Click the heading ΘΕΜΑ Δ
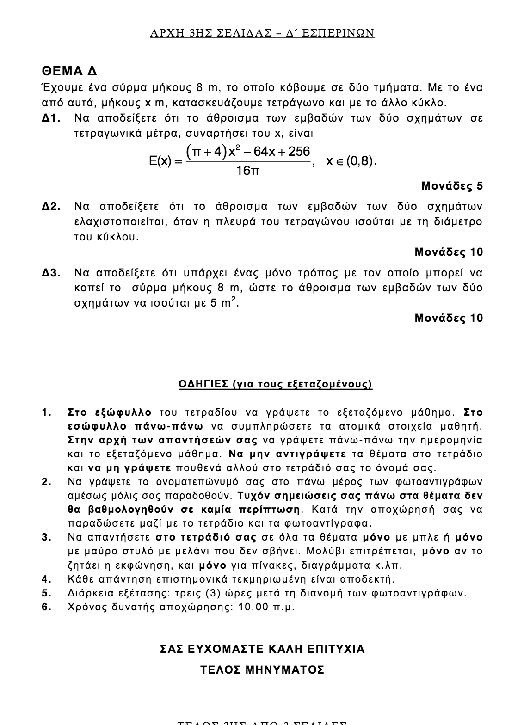point(69,71)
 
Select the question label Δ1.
point(52,119)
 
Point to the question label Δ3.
point(52,273)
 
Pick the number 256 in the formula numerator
point(299,152)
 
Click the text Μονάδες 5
point(452,186)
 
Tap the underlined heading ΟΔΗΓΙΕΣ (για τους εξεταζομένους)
point(275,384)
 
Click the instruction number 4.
point(46,579)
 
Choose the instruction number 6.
point(46,607)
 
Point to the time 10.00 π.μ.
point(266,607)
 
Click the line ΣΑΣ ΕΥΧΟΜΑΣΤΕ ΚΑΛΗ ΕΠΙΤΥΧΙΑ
point(262,650)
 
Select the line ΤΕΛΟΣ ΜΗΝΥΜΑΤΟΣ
point(262,670)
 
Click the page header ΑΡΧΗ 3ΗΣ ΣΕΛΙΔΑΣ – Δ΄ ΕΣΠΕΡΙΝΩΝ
point(262,33)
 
